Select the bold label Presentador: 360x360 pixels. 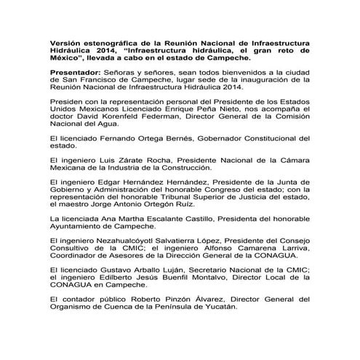click(x=73, y=75)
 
